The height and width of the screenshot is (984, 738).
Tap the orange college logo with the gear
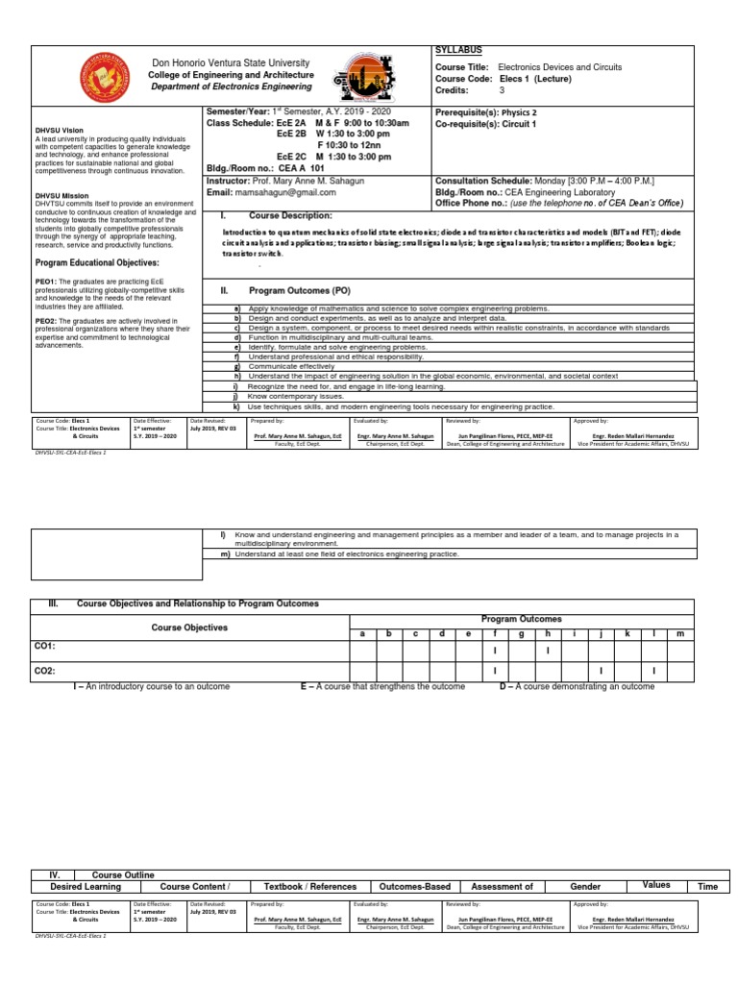(362, 80)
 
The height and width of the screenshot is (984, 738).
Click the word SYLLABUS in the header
(459, 50)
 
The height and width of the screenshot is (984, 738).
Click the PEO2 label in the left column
(45, 323)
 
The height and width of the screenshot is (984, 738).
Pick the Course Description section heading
(289, 215)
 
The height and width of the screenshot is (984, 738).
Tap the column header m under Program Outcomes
(679, 634)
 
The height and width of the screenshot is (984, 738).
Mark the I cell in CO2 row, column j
(600, 670)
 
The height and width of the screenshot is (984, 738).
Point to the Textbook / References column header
(310, 887)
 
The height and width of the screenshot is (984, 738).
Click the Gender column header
(585, 887)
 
